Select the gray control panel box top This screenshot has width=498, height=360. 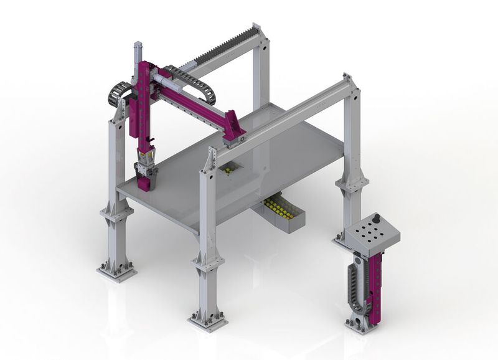tap(372, 233)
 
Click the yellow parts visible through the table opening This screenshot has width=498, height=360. tap(230, 170)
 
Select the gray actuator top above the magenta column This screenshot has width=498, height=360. tap(138, 52)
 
